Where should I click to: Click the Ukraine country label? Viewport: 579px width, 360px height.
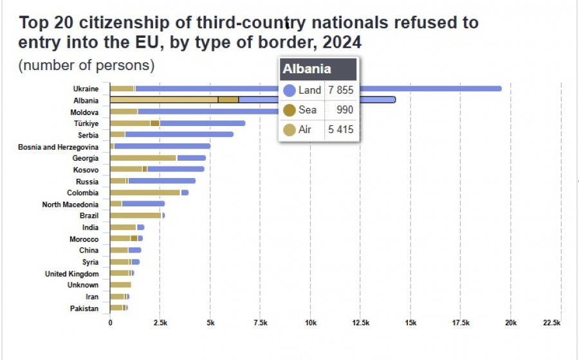pyautogui.click(x=86, y=89)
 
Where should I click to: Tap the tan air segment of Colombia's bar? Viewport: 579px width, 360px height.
pyautogui.click(x=145, y=193)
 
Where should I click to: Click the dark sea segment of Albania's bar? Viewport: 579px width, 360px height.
pyautogui.click(x=228, y=100)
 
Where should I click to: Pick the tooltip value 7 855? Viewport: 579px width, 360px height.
pyautogui.click(x=340, y=90)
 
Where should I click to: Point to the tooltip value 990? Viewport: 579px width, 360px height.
pyautogui.click(x=345, y=110)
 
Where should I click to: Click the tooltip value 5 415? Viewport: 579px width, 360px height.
pyautogui.click(x=340, y=129)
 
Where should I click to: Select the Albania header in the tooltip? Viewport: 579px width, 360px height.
pyautogui.click(x=307, y=69)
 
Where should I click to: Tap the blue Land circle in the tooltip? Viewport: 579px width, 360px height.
pyautogui.click(x=289, y=91)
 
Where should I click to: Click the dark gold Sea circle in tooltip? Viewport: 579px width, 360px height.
pyautogui.click(x=289, y=110)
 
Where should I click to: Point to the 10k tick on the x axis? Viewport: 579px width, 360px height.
pyautogui.click(x=311, y=323)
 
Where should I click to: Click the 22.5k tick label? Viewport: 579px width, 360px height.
pyautogui.click(x=552, y=323)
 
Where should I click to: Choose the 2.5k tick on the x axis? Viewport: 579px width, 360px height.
pyautogui.click(x=160, y=323)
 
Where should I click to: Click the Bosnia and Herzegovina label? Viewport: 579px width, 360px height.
pyautogui.click(x=59, y=147)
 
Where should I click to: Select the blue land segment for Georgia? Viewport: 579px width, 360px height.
pyautogui.click(x=191, y=158)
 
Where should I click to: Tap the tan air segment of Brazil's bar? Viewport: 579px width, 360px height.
pyautogui.click(x=136, y=215)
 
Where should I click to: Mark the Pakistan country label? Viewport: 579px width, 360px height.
pyautogui.click(x=84, y=309)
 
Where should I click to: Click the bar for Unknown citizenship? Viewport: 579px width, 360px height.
pyautogui.click(x=121, y=285)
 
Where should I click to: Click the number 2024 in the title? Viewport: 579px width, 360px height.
pyautogui.click(x=342, y=42)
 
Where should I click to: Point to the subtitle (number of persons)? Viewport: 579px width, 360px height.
pyautogui.click(x=86, y=66)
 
